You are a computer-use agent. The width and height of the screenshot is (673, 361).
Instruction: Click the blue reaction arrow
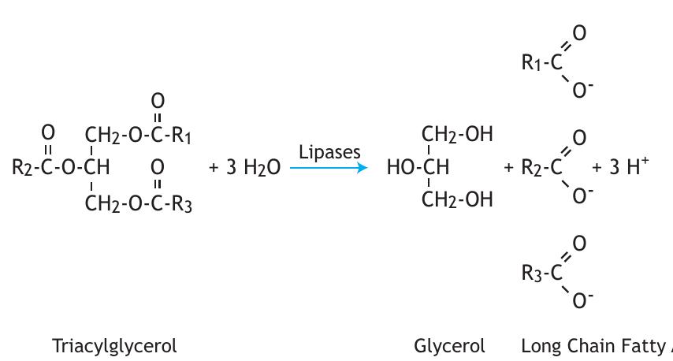pyautogui.click(x=328, y=167)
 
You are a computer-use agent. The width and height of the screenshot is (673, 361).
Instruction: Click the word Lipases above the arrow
pyautogui.click(x=329, y=152)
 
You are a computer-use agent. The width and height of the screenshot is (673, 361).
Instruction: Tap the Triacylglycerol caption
pyautogui.click(x=114, y=345)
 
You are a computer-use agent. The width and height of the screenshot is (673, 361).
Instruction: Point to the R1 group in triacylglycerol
pyautogui.click(x=182, y=136)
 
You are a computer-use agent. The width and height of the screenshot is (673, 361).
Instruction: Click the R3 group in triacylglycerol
pyautogui.click(x=182, y=204)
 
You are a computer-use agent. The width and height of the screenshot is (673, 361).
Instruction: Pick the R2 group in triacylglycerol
pyautogui.click(x=21, y=167)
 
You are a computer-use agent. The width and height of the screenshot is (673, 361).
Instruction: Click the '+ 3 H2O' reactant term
pyautogui.click(x=244, y=167)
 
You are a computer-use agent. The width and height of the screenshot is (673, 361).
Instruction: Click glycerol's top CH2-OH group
pyautogui.click(x=457, y=135)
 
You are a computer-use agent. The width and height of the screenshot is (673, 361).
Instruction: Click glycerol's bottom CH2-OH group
pyautogui.click(x=457, y=200)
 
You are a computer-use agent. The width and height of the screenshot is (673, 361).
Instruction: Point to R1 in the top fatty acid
pyautogui.click(x=532, y=62)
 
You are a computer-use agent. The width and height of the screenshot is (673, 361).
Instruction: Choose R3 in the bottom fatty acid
pyautogui.click(x=532, y=273)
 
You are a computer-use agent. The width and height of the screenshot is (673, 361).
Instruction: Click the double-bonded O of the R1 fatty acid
pyautogui.click(x=579, y=33)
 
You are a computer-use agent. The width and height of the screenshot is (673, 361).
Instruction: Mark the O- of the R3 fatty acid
pyautogui.click(x=582, y=300)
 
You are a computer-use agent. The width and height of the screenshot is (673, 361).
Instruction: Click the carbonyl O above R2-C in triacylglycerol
pyautogui.click(x=48, y=132)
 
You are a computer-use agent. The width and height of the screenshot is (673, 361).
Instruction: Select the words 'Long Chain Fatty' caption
pyautogui.click(x=595, y=345)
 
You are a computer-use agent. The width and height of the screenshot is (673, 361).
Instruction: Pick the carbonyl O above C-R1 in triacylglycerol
pyautogui.click(x=158, y=100)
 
